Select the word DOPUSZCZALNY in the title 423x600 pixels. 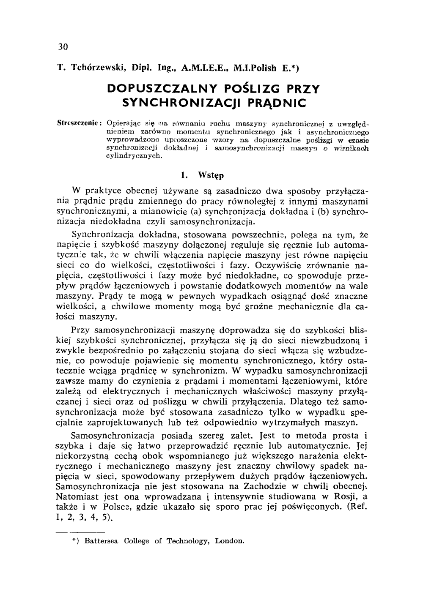162,89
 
